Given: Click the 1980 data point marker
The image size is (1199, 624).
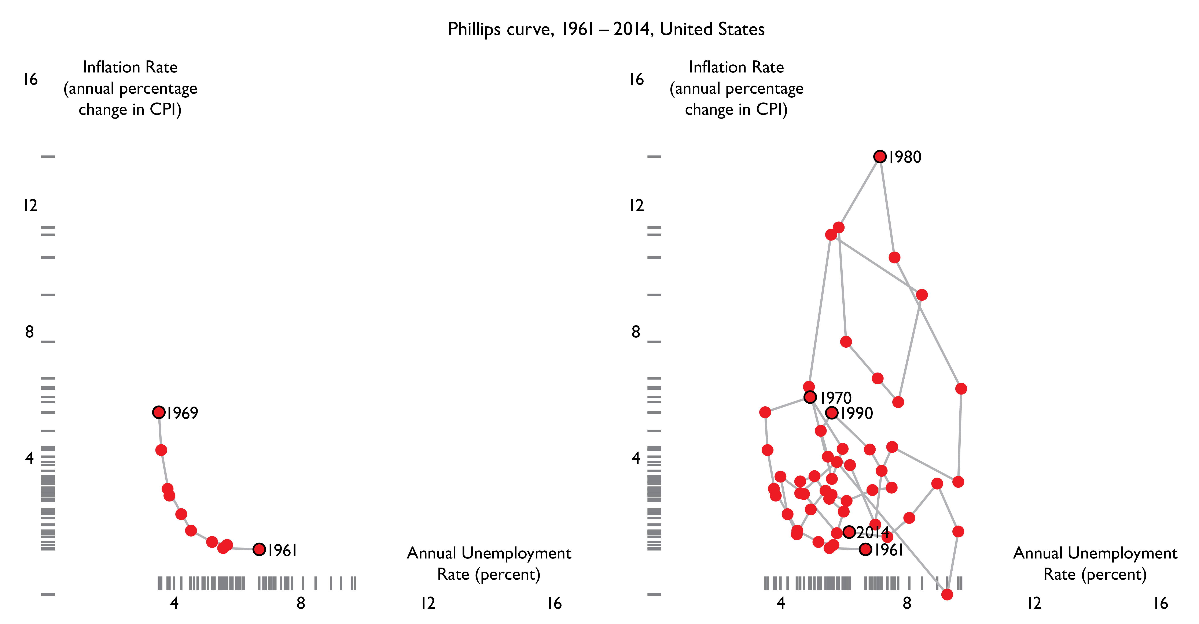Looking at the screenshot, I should (879, 157).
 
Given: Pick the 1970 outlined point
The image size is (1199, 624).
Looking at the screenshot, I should (810, 397).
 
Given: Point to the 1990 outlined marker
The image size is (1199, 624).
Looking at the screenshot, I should (831, 412).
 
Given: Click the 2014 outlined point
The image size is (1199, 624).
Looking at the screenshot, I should (849, 531).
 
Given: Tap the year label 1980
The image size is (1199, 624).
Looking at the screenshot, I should (905, 157).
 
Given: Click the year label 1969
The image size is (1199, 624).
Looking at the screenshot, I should (183, 413).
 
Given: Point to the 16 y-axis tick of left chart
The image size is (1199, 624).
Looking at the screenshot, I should (30, 79).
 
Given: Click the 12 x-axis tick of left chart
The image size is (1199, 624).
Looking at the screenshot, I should (428, 603).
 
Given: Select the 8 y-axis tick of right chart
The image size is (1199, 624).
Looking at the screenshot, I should (636, 332).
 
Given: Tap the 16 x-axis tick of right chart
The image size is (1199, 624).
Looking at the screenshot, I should (1160, 603).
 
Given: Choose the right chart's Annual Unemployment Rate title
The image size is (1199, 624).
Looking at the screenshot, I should (1095, 564).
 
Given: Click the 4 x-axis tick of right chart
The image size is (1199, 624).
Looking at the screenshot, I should (781, 603).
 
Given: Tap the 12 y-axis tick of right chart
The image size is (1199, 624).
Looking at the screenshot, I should (636, 206).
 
